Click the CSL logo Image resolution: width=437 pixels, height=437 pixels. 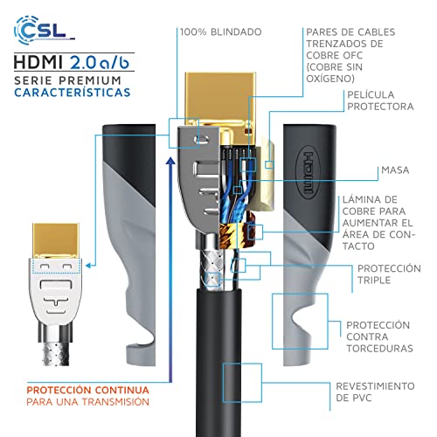coord(44,31)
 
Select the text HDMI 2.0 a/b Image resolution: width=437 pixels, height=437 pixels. coord(72,62)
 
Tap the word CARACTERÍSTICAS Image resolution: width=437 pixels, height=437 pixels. coord(73,93)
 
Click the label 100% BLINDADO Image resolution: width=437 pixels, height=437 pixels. coord(221,32)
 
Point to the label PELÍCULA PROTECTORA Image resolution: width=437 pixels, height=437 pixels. coord(380,101)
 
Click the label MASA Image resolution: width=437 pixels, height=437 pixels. coord(395,170)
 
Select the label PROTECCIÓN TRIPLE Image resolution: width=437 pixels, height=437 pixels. coord(389,274)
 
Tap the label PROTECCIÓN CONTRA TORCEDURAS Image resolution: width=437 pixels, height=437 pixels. coord(379,336)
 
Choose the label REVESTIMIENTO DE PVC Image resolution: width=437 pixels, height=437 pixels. coord(375,392)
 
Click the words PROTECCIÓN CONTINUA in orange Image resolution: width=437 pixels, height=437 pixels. coord(87,390)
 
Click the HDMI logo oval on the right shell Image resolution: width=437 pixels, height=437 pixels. coord(308,172)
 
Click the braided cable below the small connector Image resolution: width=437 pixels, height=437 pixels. coord(56,354)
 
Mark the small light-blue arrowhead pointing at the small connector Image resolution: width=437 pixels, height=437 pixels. coord(89,266)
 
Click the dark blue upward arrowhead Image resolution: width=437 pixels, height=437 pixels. coord(170,161)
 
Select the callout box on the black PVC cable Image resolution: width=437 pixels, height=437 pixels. coord(242,383)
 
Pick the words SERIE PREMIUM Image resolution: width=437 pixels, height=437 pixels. coord(67,80)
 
